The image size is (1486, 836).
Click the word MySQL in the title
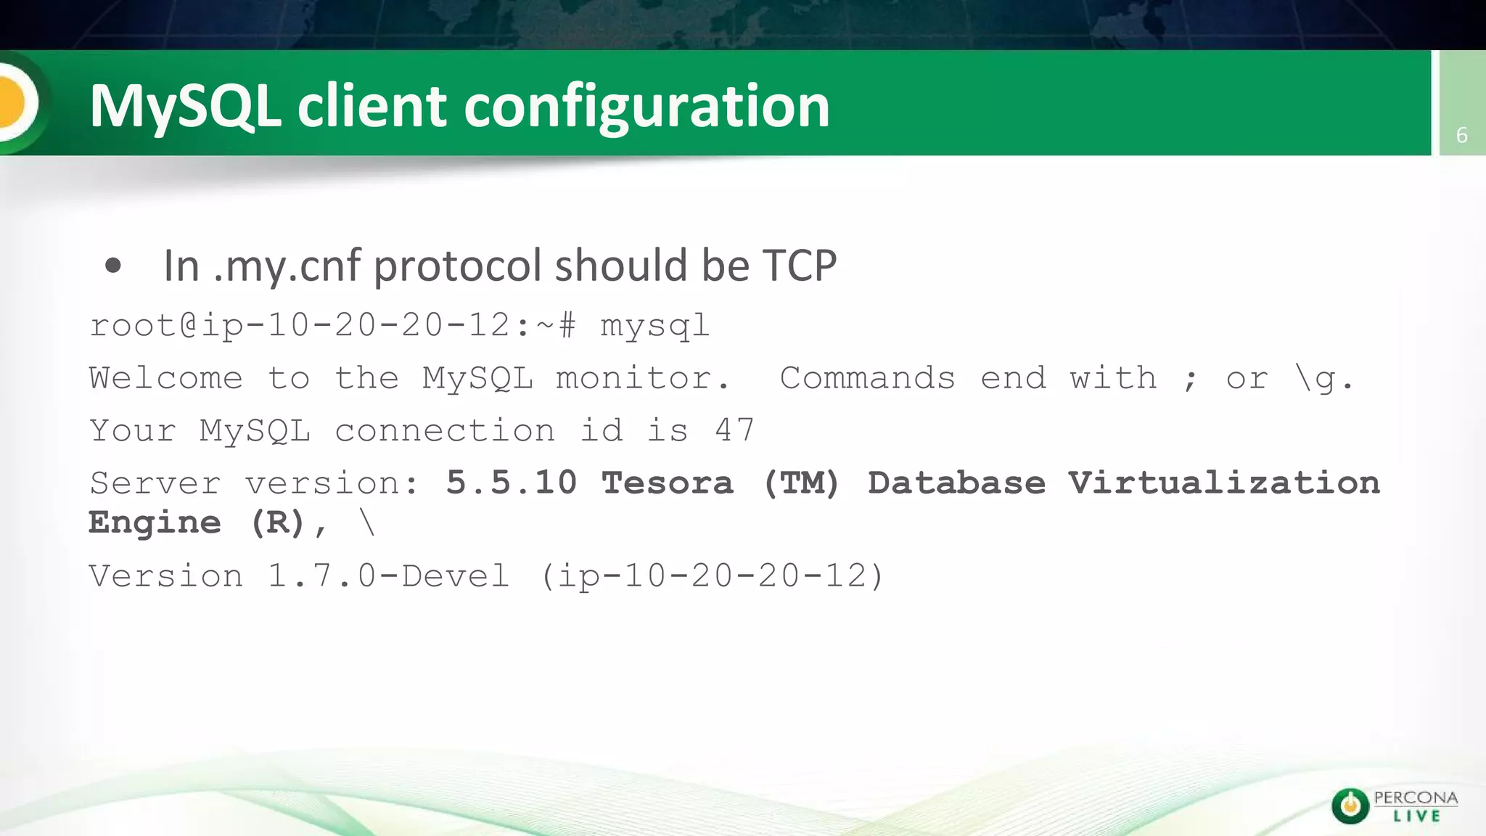pyautogui.click(x=185, y=107)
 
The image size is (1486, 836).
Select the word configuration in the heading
pyautogui.click(x=646, y=107)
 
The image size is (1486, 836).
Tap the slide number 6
pyautogui.click(x=1461, y=135)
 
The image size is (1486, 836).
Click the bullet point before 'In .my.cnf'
pyautogui.click(x=112, y=266)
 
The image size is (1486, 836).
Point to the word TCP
pyautogui.click(x=799, y=265)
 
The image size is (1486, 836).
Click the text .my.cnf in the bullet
pyautogui.click(x=287, y=266)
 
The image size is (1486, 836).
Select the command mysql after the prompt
pyautogui.click(x=654, y=326)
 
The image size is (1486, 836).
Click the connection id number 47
pyautogui.click(x=734, y=430)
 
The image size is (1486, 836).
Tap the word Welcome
pyautogui.click(x=165, y=378)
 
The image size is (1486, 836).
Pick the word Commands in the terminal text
pyautogui.click(x=867, y=378)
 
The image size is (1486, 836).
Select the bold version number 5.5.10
pyautogui.click(x=512, y=483)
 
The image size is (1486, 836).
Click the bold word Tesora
pyautogui.click(x=667, y=483)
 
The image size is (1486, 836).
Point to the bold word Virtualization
pyautogui.click(x=1223, y=483)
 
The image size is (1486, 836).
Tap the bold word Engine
pyautogui.click(x=155, y=522)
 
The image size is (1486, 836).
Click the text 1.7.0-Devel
pyautogui.click(x=388, y=576)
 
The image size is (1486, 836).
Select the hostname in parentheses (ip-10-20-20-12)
pyautogui.click(x=712, y=576)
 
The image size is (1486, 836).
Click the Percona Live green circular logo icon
pyautogui.click(x=1350, y=806)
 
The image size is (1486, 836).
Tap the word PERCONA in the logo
pyautogui.click(x=1416, y=798)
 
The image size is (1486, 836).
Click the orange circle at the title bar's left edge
pyautogui.click(x=13, y=102)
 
